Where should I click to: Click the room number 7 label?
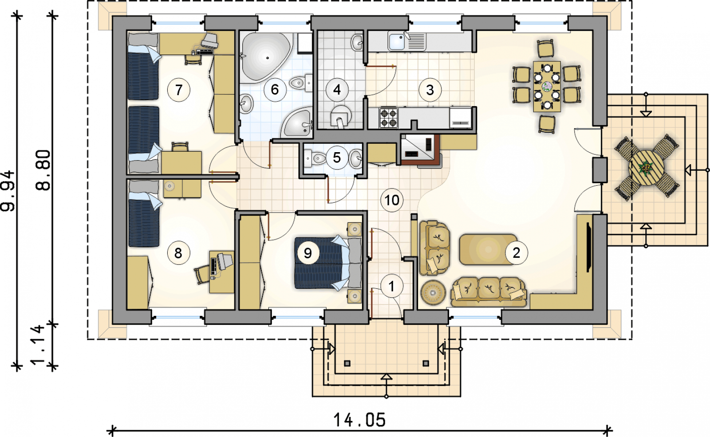coord(179,90)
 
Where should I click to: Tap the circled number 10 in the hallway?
coord(392,200)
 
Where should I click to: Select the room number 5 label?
coord(337,157)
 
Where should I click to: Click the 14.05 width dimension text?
coord(359,420)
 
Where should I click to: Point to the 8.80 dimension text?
coord(43,170)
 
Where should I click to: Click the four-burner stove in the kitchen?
coord(389,118)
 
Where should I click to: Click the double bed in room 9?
coord(328,263)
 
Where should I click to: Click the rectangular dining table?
coord(547,86)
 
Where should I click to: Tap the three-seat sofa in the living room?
coord(489,292)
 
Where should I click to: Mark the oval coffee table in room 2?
coord(489,249)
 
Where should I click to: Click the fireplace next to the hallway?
coord(420,150)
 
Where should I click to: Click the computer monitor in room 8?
coord(225,260)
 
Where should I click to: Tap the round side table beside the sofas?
coord(433,293)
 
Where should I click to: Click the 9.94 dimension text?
coord(8,191)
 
